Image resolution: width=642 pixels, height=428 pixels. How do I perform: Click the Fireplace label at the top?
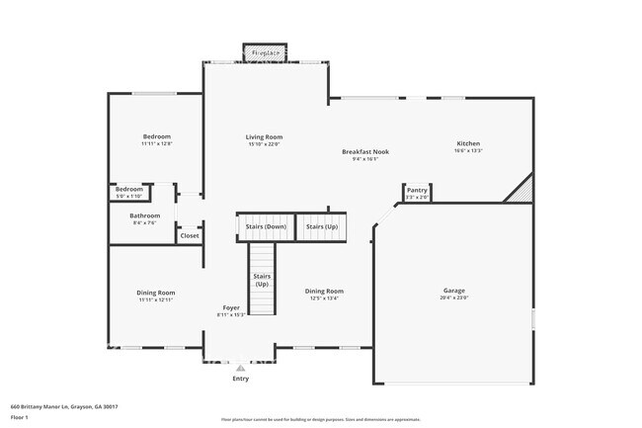tap(264, 52)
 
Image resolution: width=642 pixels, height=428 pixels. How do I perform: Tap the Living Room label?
tap(265, 136)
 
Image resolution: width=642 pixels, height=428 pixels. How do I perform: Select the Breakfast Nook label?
tap(365, 151)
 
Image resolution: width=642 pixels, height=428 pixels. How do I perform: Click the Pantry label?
tap(417, 190)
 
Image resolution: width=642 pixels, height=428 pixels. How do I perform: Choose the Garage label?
tap(453, 291)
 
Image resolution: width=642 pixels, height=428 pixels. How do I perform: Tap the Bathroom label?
tap(144, 214)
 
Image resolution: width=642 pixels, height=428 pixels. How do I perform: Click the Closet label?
tap(190, 235)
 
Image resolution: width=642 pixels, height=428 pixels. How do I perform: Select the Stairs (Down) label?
tap(266, 227)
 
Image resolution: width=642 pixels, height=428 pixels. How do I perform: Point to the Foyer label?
tap(230, 307)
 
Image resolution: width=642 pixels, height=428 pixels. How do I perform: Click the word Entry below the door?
tap(240, 379)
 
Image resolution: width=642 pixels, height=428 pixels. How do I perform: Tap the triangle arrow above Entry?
tap(240, 368)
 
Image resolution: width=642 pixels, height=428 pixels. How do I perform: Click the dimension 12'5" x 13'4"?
tap(324, 299)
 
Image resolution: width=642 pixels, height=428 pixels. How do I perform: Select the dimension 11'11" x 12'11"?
tap(156, 300)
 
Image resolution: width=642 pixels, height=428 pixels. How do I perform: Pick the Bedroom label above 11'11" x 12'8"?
tap(156, 136)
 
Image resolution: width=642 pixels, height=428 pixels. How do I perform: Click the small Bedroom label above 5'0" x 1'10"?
tap(128, 189)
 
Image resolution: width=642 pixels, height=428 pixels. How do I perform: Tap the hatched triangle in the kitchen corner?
tap(521, 191)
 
